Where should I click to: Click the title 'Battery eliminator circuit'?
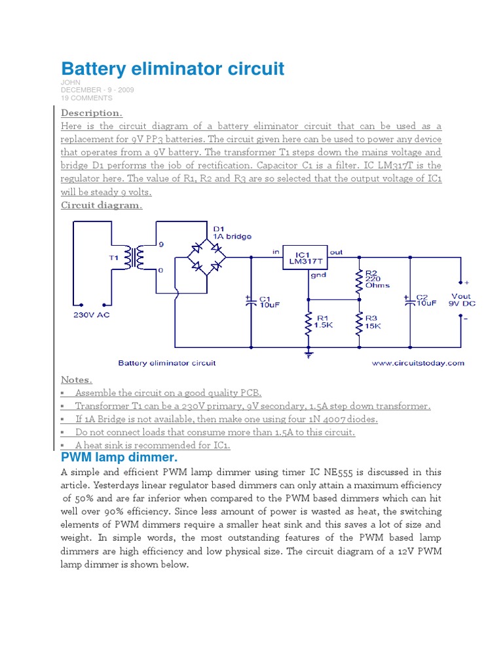173,69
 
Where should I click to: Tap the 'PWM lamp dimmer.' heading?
119,457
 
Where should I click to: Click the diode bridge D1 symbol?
206,256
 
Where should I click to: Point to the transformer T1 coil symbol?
138,258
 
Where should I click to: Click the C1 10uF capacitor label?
270,301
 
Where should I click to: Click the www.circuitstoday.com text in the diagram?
418,362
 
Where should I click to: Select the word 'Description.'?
92,113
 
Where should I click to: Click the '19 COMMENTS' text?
86,98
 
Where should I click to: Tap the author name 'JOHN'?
71,83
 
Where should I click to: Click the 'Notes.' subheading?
77,379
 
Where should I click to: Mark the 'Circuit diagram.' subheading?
102,205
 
